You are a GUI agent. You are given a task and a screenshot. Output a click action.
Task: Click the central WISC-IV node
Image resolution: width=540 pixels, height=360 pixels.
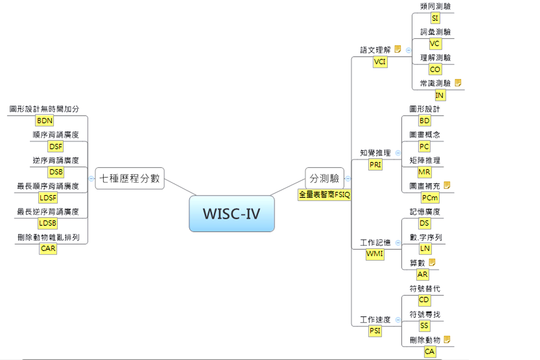(x=232, y=214)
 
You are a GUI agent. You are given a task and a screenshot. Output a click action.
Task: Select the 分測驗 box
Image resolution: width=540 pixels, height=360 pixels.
(x=324, y=178)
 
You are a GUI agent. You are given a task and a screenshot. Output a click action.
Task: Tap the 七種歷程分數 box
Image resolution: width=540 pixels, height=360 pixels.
(x=130, y=178)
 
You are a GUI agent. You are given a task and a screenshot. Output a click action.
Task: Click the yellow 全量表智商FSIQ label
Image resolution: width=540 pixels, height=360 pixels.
(x=324, y=195)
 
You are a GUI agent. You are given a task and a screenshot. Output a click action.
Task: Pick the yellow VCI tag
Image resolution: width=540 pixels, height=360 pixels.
(x=380, y=62)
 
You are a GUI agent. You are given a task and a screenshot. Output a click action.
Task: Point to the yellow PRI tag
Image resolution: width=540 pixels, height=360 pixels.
(x=375, y=165)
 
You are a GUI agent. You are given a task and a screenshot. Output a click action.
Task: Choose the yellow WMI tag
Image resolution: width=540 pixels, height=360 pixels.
(x=375, y=254)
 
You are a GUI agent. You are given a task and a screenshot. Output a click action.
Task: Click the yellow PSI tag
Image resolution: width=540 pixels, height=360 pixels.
(x=375, y=331)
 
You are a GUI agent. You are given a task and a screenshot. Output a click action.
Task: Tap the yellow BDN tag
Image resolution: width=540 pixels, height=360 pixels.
(x=45, y=121)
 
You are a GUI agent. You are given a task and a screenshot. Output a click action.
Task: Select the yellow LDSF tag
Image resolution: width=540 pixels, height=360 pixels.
(x=48, y=198)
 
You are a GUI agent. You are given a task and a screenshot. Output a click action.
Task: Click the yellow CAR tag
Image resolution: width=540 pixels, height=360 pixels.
(x=48, y=249)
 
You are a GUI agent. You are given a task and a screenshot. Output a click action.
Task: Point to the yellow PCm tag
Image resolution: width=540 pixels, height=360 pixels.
(x=430, y=198)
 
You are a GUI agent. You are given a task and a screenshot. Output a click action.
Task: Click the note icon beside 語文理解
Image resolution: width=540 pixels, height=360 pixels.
(x=398, y=49)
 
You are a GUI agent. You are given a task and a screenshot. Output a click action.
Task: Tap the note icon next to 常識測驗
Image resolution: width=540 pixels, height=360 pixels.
(x=458, y=82)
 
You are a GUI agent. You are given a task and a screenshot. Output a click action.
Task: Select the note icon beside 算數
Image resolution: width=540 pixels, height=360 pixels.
(x=432, y=262)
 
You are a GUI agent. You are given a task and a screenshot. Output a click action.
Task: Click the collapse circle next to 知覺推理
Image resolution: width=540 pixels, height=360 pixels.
(x=398, y=153)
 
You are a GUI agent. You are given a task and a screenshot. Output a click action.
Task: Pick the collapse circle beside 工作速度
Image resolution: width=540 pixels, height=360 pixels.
(x=398, y=320)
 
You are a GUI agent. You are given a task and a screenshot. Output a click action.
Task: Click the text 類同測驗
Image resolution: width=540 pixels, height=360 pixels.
(x=435, y=6)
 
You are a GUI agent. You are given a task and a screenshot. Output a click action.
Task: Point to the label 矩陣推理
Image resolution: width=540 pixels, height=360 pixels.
(x=425, y=160)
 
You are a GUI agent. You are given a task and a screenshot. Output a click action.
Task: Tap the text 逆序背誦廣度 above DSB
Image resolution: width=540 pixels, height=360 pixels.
(x=56, y=160)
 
